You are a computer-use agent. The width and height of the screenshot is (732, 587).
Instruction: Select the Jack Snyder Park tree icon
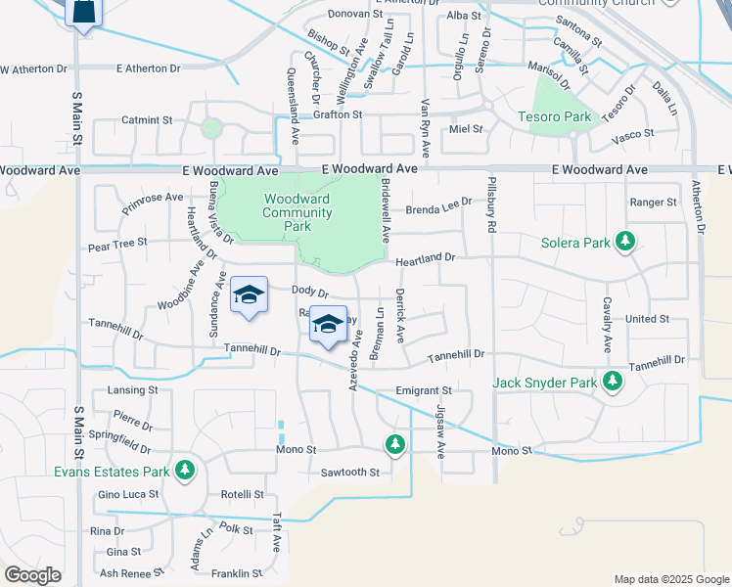click(613, 382)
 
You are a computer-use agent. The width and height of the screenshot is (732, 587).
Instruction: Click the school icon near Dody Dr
click(249, 294)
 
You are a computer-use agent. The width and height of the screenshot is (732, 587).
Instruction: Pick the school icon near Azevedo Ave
click(328, 325)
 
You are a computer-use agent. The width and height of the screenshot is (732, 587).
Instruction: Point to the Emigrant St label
click(422, 390)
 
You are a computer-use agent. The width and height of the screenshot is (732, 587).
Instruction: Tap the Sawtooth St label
click(349, 473)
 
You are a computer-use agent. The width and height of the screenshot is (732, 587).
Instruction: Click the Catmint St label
click(147, 120)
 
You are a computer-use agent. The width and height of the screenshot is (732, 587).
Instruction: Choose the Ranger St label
click(654, 203)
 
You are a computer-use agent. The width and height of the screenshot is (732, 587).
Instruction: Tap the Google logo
click(32, 574)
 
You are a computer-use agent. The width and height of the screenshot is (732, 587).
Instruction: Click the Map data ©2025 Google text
click(670, 579)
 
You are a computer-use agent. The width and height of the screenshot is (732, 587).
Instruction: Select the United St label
click(647, 319)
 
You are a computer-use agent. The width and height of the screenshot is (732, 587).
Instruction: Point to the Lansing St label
click(132, 389)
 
